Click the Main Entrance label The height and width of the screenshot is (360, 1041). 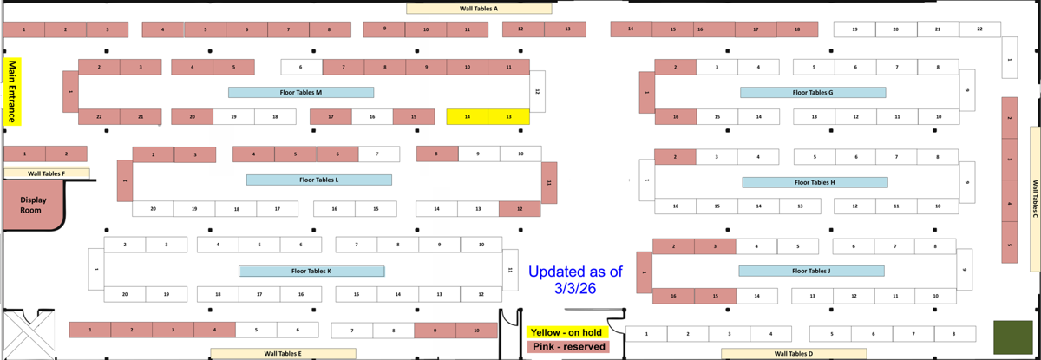12,92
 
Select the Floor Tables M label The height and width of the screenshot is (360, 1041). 301,92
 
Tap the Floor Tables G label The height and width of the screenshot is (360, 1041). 813,92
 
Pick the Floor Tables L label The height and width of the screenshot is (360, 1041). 318,180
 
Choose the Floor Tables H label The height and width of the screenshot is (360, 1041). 815,182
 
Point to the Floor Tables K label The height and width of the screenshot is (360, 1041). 311,271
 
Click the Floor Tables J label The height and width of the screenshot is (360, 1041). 811,271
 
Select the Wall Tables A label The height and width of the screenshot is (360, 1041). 479,9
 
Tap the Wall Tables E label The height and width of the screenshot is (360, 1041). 283,353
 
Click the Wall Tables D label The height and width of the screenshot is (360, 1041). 794,353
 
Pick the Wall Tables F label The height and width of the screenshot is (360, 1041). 45,173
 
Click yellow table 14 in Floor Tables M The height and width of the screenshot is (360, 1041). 468,116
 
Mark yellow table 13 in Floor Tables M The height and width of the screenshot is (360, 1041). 508,116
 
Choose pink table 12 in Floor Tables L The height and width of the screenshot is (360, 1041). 520,208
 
